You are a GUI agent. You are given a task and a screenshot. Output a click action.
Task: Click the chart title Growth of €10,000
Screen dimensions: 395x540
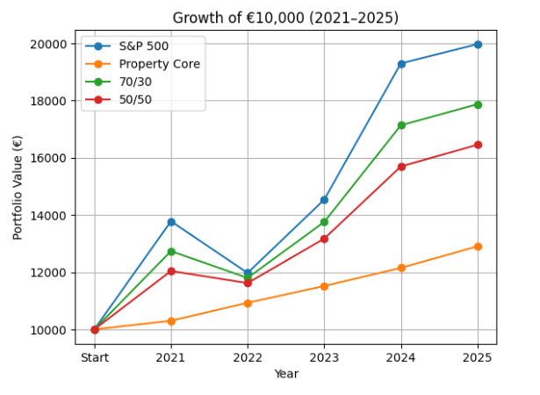(285, 18)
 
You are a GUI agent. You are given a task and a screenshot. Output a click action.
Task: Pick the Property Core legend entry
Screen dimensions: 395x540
(159, 64)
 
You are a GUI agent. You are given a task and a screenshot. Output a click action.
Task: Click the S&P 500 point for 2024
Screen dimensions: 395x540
(401, 63)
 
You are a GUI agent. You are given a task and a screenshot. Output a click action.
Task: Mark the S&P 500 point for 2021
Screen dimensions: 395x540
(171, 221)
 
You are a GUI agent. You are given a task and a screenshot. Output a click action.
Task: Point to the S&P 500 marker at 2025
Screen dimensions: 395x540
(478, 44)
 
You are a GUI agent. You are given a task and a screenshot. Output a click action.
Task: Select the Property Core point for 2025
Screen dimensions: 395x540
(478, 247)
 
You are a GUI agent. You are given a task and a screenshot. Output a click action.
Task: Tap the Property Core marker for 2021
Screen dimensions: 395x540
(171, 320)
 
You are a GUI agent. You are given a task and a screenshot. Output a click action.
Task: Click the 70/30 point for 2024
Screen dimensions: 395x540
(401, 126)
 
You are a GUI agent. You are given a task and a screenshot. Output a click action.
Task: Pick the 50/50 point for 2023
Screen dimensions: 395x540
(324, 239)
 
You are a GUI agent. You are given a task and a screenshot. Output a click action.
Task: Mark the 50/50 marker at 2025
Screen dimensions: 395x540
(478, 145)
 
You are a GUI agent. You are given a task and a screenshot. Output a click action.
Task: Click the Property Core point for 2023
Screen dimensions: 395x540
(324, 286)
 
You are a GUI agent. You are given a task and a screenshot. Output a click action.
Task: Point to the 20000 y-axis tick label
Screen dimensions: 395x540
(52, 44)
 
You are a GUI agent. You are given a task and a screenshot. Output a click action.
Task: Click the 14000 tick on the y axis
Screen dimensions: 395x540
(52, 216)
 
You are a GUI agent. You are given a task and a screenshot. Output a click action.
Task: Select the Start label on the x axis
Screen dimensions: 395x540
(95, 357)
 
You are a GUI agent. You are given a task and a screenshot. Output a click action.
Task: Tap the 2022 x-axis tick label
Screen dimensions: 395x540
(248, 357)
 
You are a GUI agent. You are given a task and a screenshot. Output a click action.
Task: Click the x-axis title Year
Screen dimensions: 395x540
(286, 374)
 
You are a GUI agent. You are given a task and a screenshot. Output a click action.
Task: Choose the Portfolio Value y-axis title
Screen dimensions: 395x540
(18, 187)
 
